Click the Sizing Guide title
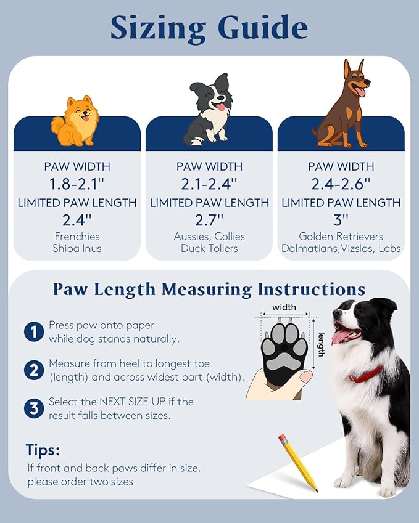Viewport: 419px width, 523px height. point(209,28)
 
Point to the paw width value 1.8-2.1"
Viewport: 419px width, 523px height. point(77,183)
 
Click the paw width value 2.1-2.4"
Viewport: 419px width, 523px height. point(209,183)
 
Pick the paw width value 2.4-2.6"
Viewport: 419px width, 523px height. point(341,183)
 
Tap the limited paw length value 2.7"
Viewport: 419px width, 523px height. point(209,220)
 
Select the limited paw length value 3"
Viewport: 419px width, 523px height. point(341,220)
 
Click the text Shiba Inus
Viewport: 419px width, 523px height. point(77,248)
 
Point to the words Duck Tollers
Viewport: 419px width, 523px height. point(209,248)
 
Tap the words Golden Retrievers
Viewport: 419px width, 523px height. point(341,237)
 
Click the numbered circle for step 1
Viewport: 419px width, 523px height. point(33,332)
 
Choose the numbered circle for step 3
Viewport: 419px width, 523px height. point(33,408)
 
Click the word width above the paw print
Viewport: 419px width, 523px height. point(284,307)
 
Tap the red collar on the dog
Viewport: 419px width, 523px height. point(367,374)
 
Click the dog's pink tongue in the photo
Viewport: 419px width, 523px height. point(341,336)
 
